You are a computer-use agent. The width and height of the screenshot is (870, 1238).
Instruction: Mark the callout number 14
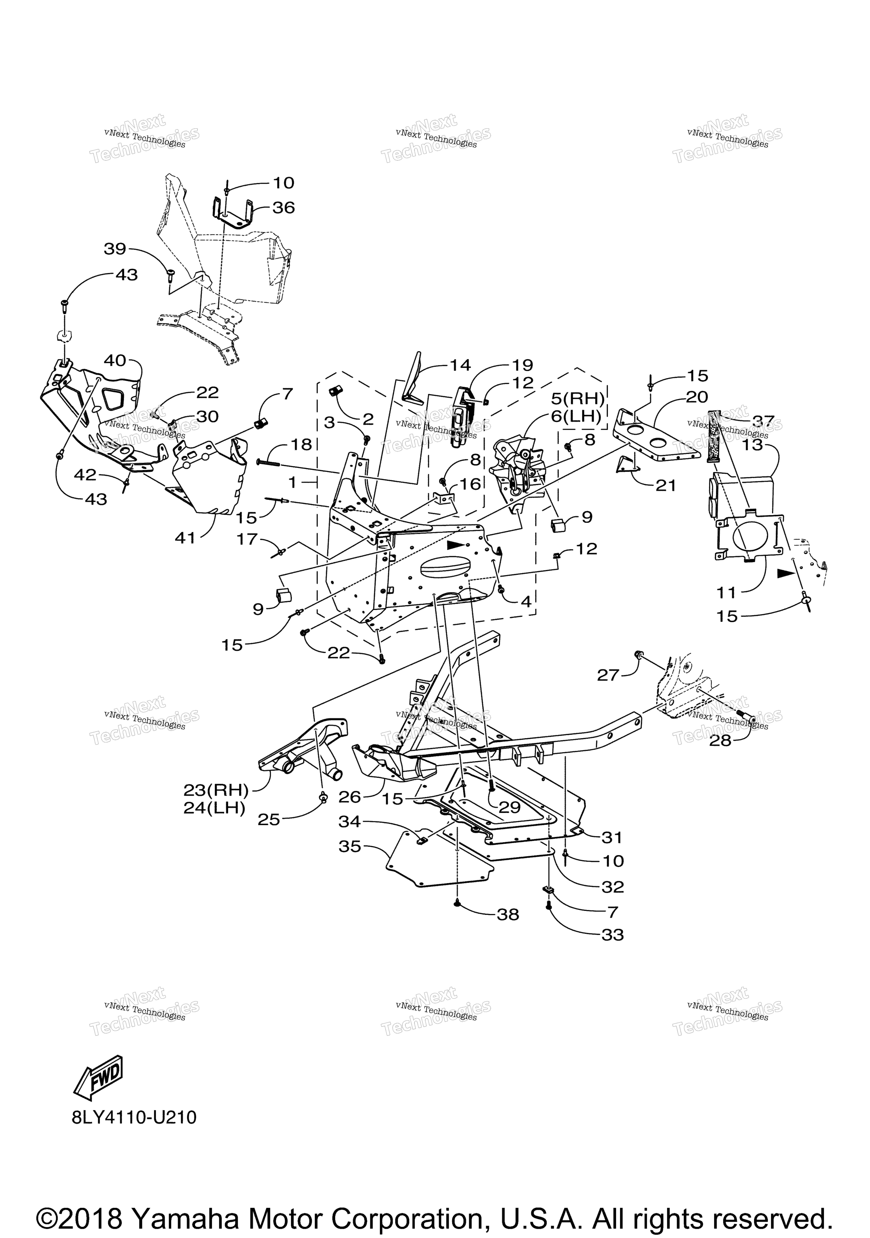click(x=460, y=365)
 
